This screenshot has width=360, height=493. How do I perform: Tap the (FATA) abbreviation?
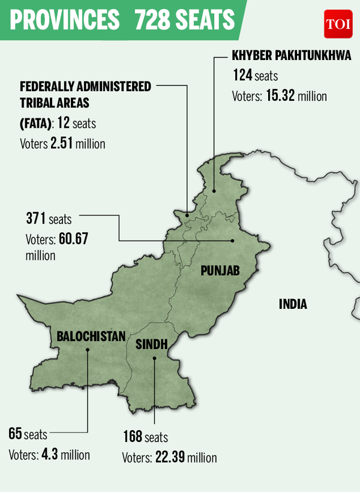[x=29, y=124]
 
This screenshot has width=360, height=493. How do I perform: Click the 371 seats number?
[x=36, y=218]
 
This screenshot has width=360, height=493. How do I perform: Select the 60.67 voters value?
[x=73, y=239]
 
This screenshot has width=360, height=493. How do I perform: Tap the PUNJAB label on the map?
[x=220, y=271]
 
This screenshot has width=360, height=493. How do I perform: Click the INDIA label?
[x=293, y=305]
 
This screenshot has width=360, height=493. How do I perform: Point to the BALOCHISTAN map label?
[x=91, y=336]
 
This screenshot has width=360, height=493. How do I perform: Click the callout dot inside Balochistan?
[x=87, y=352]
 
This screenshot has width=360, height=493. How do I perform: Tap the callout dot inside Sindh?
[x=154, y=359]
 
